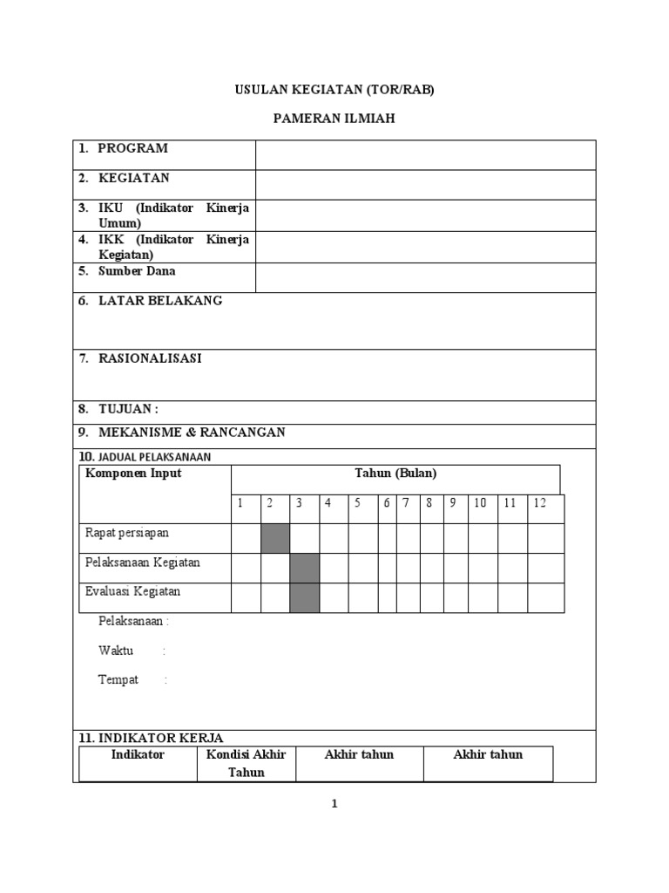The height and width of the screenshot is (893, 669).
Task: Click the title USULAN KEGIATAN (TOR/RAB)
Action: (334, 89)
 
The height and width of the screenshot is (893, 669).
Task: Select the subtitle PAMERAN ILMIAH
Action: (334, 119)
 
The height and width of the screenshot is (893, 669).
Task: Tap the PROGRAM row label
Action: (132, 148)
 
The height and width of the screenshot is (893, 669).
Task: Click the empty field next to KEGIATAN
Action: (425, 184)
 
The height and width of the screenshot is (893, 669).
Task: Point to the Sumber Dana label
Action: (136, 271)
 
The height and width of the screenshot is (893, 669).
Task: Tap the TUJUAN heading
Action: (128, 409)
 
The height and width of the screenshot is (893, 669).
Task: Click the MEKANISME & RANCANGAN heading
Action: (191, 433)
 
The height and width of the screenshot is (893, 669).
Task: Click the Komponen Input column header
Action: (133, 474)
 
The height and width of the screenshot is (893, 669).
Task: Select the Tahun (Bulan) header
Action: (395, 474)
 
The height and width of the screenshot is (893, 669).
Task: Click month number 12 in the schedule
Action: (540, 503)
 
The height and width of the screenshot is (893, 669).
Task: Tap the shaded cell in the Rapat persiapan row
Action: (275, 538)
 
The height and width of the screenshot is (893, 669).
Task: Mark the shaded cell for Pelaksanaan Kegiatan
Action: (304, 568)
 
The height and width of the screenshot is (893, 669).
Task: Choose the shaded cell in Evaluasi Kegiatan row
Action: (304, 597)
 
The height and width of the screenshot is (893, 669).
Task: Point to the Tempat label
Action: (118, 680)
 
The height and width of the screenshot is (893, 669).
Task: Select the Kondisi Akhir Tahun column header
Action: (247, 763)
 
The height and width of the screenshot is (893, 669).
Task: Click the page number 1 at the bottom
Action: (334, 804)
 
